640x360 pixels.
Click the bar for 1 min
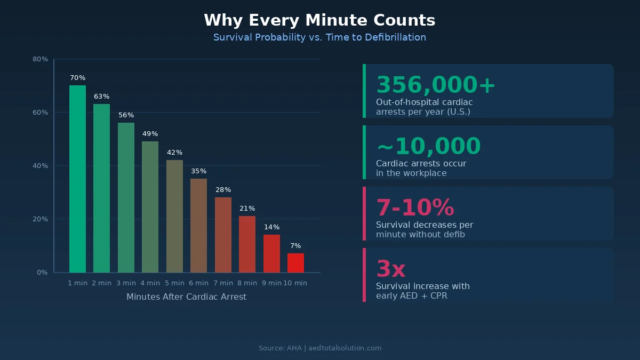pyautogui.click(x=77, y=179)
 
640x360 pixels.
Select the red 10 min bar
pyautogui.click(x=295, y=263)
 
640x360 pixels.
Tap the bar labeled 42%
pyautogui.click(x=174, y=216)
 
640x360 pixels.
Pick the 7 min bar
pyautogui.click(x=223, y=235)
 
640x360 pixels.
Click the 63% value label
pyautogui.click(x=101, y=97)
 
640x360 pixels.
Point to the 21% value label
pyautogui.click(x=247, y=209)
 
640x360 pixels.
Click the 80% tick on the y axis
pyautogui.click(x=41, y=59)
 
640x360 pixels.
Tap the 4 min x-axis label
pyautogui.click(x=150, y=283)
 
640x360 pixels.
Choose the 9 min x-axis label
pyautogui.click(x=271, y=283)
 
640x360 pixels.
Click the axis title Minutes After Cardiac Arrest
pyautogui.click(x=186, y=297)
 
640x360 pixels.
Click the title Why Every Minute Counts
pyautogui.click(x=319, y=20)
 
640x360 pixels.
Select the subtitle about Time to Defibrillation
pyautogui.click(x=319, y=37)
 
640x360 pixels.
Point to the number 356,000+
pyautogui.click(x=436, y=85)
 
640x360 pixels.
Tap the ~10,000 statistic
pyautogui.click(x=428, y=147)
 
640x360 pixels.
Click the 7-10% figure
pyautogui.click(x=415, y=208)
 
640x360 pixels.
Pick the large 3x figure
pyautogui.click(x=391, y=269)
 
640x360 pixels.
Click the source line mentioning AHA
pyautogui.click(x=320, y=348)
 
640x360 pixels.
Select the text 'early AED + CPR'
pyautogui.click(x=411, y=296)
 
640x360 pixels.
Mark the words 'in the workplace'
pyautogui.click(x=411, y=173)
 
